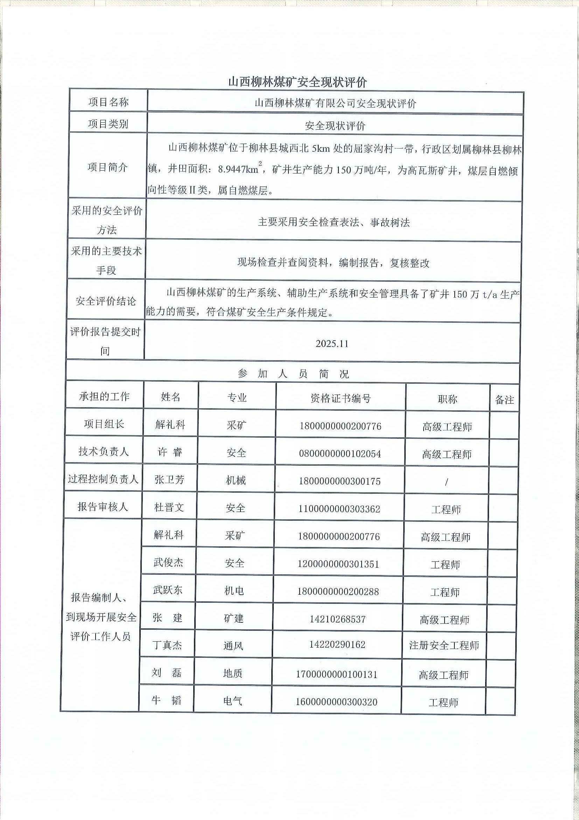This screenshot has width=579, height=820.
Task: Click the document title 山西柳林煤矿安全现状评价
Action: tap(297, 82)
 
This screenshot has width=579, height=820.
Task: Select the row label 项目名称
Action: tap(108, 102)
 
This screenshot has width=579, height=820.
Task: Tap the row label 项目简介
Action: tap(107, 167)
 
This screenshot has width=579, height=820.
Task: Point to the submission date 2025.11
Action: tap(332, 343)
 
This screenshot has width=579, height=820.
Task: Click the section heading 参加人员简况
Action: tap(293, 374)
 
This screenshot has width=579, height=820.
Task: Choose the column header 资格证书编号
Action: tap(340, 398)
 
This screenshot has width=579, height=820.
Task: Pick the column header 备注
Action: tap(504, 399)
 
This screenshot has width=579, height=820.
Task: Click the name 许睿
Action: tap(170, 452)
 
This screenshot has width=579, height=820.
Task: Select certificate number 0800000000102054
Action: tap(340, 453)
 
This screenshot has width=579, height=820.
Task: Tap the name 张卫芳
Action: tap(169, 479)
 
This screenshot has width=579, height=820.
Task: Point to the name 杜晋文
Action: tap(169, 507)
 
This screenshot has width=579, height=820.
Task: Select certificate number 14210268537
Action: tap(337, 619)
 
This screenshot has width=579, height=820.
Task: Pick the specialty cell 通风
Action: tap(233, 646)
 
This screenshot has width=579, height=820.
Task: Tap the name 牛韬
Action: tap(166, 700)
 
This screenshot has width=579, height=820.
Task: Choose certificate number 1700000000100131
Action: tap(336, 674)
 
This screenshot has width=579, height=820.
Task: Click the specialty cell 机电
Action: tap(234, 591)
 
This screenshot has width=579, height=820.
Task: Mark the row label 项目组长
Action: tap(104, 424)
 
